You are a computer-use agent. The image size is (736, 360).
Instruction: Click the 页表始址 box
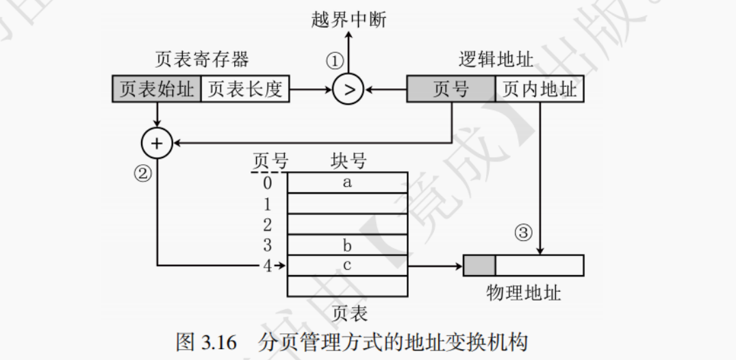point(156,90)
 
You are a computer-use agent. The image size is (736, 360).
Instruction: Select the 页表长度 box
point(244,90)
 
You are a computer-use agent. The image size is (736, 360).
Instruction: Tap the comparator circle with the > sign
point(348,90)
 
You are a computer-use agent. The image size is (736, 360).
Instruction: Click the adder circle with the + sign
point(157,144)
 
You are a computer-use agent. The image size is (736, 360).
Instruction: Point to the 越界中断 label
point(348,20)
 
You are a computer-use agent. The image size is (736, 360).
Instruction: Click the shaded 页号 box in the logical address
point(451,90)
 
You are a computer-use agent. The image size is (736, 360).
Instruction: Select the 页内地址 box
point(540,90)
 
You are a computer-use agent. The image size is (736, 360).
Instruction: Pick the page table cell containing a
point(347,182)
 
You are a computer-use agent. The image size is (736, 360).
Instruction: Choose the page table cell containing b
point(347,244)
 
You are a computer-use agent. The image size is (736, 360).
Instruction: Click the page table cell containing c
point(347,266)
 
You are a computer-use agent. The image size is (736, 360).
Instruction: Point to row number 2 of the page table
point(267,224)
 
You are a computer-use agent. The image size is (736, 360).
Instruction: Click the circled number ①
point(333,62)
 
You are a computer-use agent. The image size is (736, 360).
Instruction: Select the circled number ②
point(142,173)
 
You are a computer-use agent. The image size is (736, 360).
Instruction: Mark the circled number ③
point(523,233)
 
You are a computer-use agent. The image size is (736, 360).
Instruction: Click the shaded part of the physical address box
point(479,266)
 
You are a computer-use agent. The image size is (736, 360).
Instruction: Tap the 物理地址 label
point(524,294)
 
